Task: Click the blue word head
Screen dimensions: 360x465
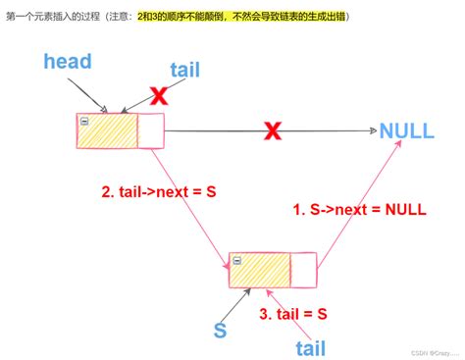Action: click(68, 62)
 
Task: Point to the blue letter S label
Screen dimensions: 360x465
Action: click(221, 332)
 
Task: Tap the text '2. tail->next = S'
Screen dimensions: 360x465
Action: click(158, 192)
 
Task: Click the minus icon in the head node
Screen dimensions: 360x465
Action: click(85, 121)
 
